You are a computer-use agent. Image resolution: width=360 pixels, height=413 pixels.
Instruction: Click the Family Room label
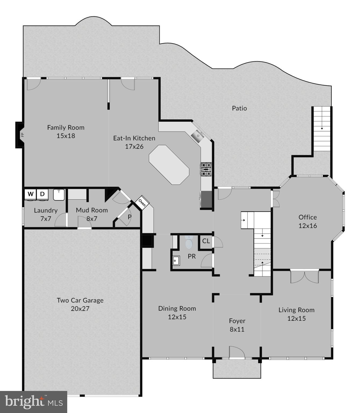pos(66,127)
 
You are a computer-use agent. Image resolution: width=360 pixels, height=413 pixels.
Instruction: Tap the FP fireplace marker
pos(22,135)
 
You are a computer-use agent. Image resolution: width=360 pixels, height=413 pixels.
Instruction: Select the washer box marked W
pos(31,194)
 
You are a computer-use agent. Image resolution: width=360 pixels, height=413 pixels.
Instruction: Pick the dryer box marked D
pos(42,194)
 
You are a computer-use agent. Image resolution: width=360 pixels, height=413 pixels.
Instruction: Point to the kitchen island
pos(169,165)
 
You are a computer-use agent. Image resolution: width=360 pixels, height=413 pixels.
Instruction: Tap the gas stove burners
pos(206,169)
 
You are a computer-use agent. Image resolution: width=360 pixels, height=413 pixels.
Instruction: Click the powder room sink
pos(176,261)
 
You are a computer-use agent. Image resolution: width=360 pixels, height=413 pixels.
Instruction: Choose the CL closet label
pos(206,241)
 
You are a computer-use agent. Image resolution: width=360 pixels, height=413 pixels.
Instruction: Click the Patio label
pos(239,108)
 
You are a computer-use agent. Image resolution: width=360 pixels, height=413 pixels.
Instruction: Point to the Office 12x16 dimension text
pos(308,226)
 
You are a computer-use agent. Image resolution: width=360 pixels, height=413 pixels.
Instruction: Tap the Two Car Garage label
pos(80,300)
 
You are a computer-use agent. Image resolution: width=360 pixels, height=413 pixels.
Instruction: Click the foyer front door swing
pos(236,352)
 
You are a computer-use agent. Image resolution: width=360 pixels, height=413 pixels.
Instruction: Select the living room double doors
pos(304,277)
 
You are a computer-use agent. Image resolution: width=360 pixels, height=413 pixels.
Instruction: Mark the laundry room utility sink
pos(59,195)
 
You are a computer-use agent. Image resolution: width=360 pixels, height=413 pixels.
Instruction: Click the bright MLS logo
pos(34,402)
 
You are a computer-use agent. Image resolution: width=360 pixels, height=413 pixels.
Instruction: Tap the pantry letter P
pos(130,217)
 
